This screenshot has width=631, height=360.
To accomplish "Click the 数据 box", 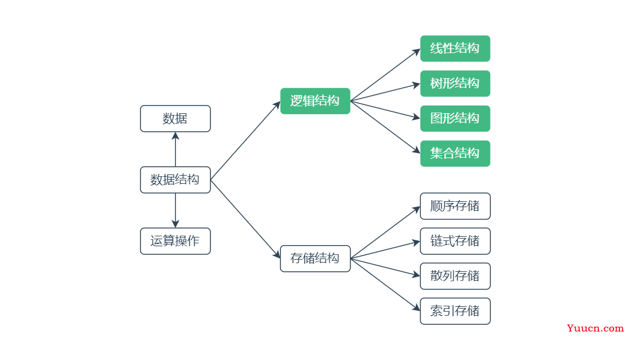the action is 175,118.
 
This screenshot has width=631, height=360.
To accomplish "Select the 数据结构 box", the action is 175,180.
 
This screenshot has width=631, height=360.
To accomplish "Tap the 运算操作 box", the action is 175,241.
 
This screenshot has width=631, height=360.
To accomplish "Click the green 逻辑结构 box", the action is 315,101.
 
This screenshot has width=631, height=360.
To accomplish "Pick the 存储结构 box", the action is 315,258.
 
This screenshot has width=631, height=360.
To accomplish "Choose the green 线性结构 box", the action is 455,48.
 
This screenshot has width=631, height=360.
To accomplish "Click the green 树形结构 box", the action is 455,83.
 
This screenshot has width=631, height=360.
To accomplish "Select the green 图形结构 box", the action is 455,118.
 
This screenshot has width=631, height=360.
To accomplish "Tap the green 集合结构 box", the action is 455,153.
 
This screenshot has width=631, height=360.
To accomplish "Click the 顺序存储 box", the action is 455,206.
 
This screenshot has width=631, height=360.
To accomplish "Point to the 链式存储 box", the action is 455,241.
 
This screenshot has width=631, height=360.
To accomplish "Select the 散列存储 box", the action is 455,276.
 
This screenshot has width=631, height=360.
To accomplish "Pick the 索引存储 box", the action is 455,311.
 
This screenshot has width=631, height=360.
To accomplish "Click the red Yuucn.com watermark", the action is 595,328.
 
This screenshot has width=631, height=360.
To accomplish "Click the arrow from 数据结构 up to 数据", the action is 175,149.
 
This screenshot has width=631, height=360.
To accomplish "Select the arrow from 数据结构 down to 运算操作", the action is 175,211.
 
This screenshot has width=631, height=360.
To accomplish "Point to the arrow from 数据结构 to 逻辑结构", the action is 245,141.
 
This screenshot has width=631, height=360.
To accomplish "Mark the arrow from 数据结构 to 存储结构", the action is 245,219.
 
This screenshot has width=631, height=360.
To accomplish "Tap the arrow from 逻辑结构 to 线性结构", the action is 385,75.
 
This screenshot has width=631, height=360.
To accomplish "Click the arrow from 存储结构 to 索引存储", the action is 385,285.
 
